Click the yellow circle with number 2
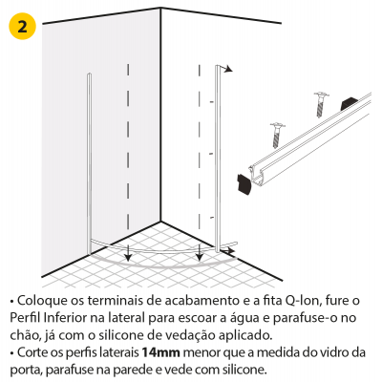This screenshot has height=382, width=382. [22, 27]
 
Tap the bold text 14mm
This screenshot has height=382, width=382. [160, 352]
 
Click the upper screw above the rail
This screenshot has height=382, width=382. [321, 104]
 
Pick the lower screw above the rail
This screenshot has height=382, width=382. [277, 136]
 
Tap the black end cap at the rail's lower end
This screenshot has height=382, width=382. [244, 184]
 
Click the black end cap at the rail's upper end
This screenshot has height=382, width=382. [350, 103]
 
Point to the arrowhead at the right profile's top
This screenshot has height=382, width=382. [228, 69]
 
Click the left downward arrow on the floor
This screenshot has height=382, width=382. [128, 253]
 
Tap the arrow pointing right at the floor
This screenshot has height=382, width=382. [227, 251]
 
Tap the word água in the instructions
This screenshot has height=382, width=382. [245, 318]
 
